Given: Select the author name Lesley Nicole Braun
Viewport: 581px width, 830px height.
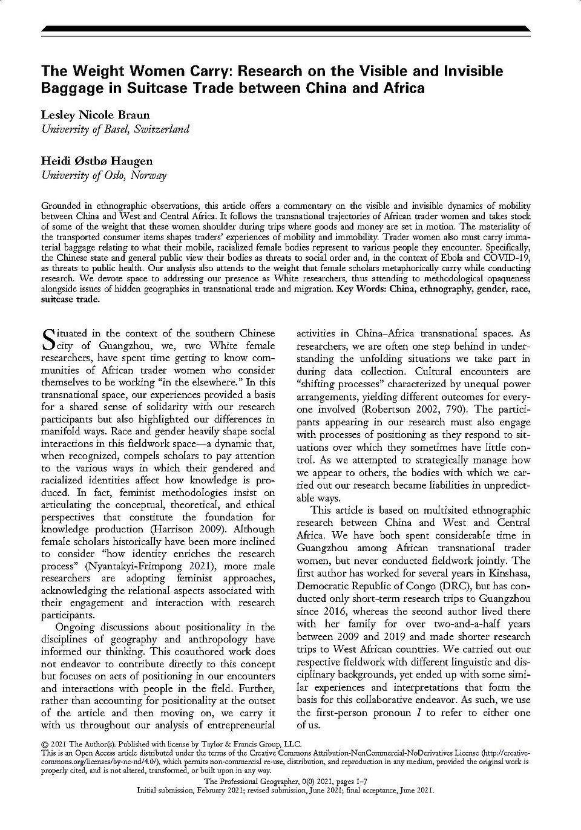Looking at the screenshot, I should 96,115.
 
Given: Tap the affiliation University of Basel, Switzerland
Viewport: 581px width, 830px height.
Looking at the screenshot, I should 115,129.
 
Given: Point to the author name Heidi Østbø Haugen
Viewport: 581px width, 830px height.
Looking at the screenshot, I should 96,161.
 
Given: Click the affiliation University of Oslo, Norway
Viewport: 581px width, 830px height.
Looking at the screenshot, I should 103,175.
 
